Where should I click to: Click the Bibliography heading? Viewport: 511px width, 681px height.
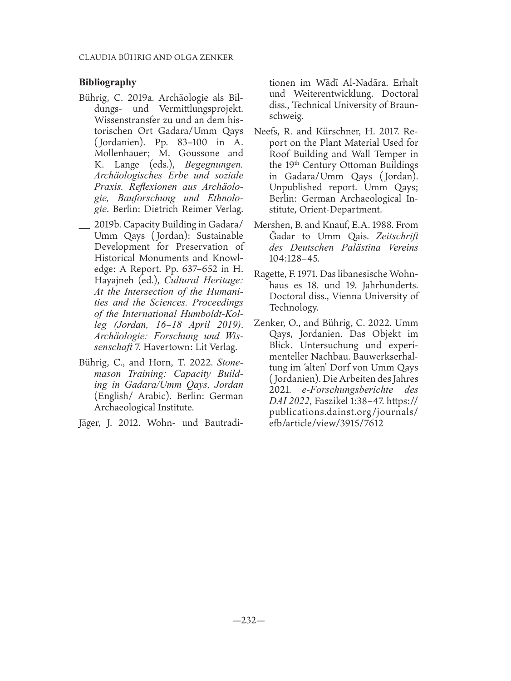tap(108, 82)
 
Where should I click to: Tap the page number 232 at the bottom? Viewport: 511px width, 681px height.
tap(248, 620)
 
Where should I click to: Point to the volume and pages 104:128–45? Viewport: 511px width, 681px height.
tap(295, 258)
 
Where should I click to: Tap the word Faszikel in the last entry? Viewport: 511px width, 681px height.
tap(333, 400)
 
